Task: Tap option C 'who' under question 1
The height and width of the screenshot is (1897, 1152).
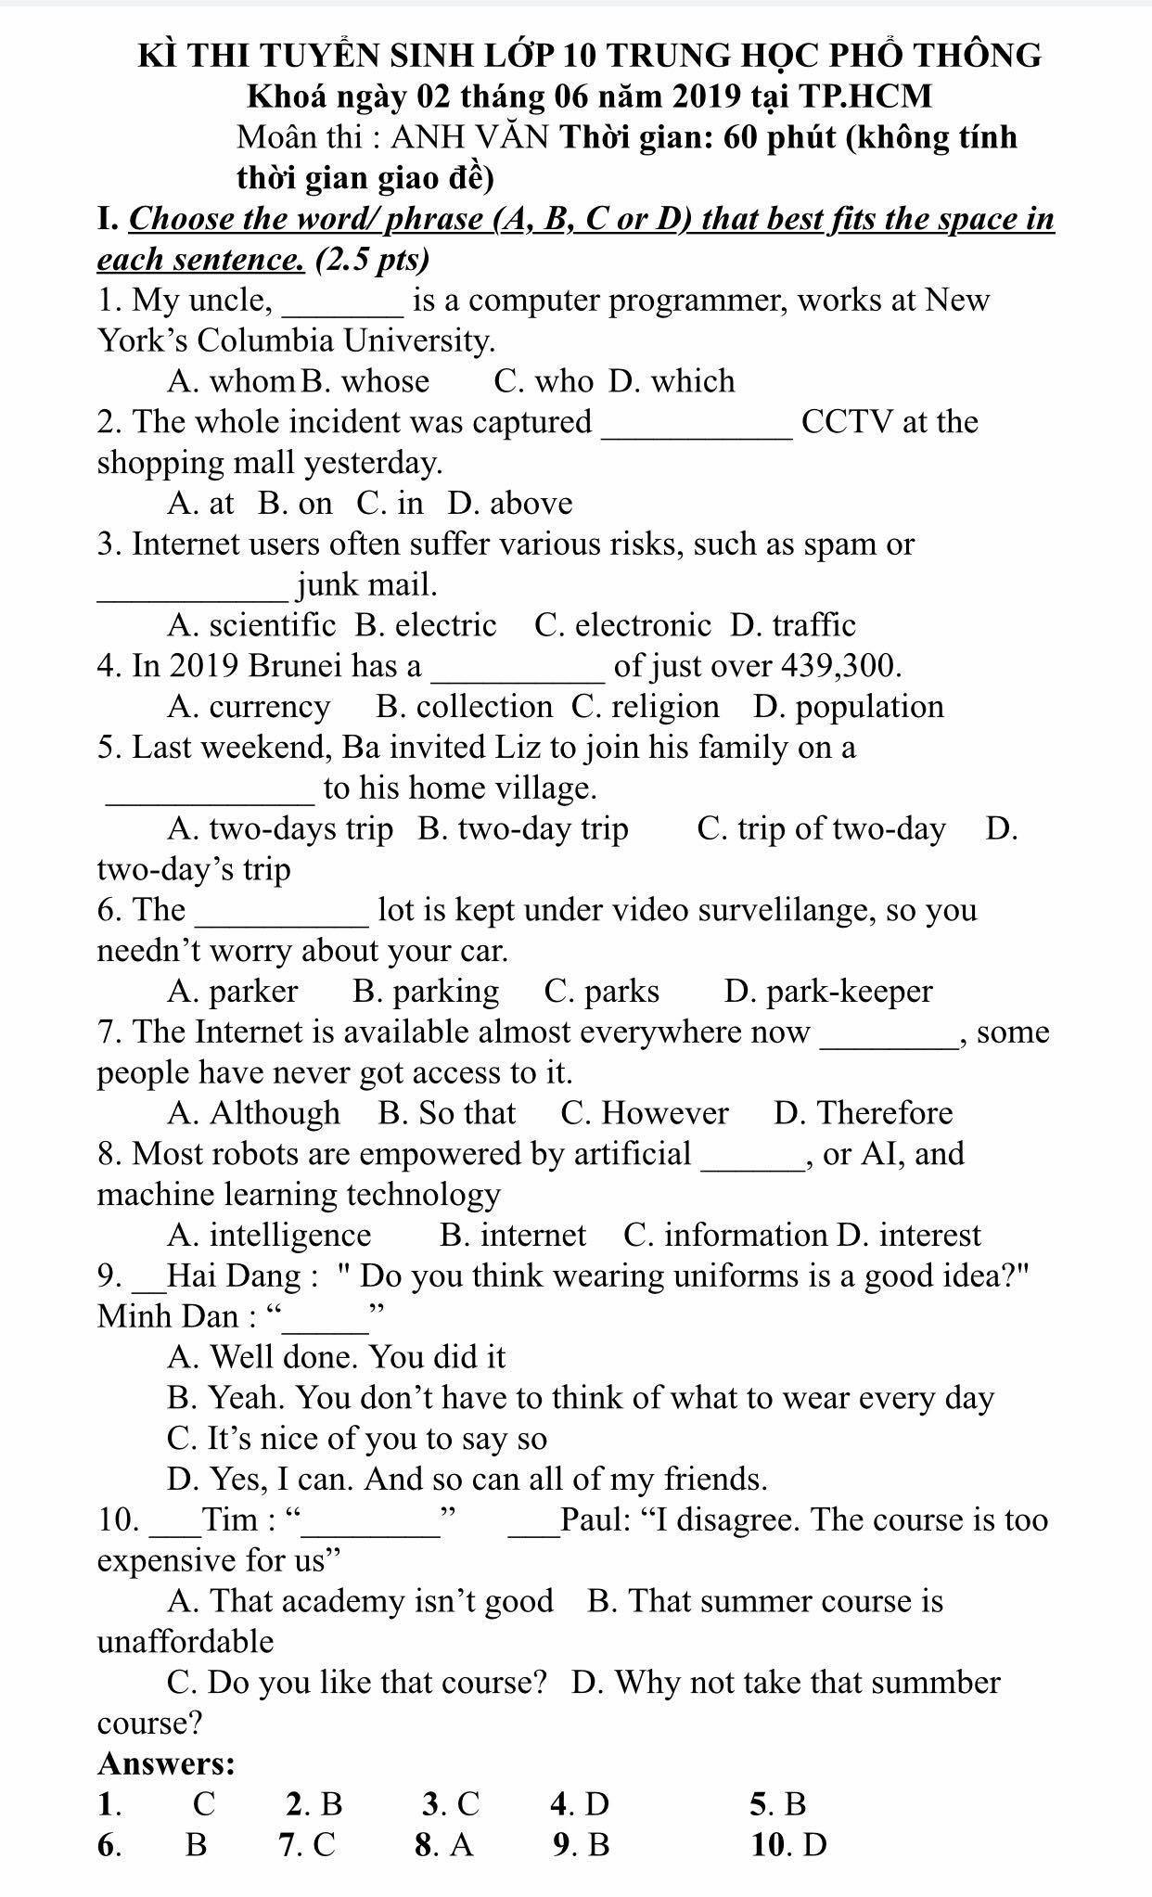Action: (x=544, y=381)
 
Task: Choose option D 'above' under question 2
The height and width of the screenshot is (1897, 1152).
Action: (x=510, y=504)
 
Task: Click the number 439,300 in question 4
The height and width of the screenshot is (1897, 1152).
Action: (x=841, y=666)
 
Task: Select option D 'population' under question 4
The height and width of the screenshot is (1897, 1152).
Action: (x=849, y=707)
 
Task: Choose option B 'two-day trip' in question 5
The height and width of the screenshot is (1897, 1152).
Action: (x=523, y=828)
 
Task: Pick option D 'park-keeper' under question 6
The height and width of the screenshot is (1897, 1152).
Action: (x=828, y=992)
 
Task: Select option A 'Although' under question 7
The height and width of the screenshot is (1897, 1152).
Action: (x=254, y=1113)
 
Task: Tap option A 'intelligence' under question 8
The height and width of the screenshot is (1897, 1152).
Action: (x=269, y=1236)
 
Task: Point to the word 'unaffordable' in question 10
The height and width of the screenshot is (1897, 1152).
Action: (x=186, y=1642)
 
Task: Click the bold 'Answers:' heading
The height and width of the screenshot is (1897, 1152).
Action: (x=166, y=1762)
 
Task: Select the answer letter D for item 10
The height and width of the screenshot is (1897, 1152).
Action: (x=814, y=1845)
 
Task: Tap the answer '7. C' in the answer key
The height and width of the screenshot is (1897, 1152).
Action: (x=307, y=1845)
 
